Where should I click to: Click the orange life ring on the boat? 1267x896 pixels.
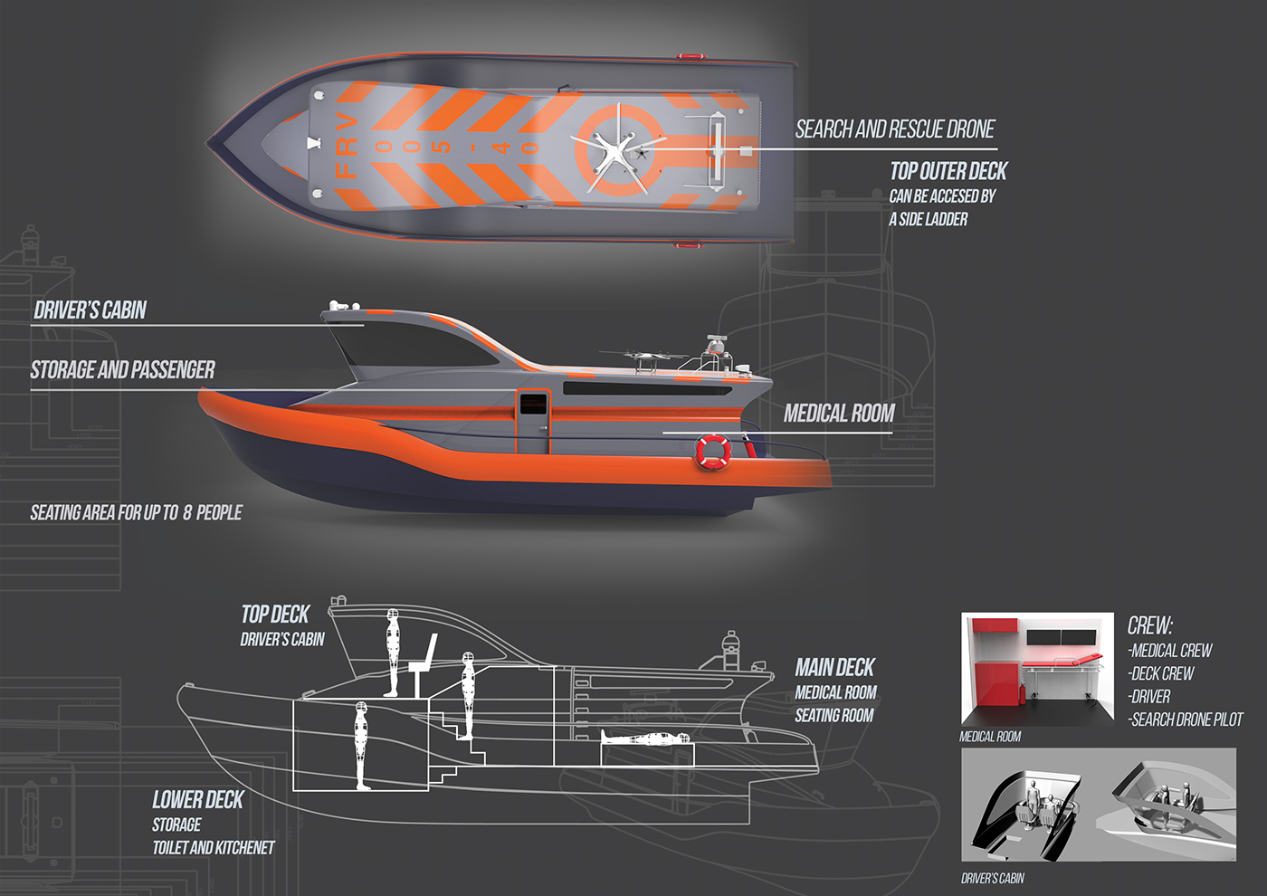[x=713, y=452]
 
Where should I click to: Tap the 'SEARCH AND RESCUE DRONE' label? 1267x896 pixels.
[x=895, y=129]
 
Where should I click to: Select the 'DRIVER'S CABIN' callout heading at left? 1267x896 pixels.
[x=90, y=310]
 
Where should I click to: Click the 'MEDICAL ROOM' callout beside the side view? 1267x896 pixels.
[x=839, y=414]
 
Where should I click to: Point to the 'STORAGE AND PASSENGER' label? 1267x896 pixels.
[x=123, y=370]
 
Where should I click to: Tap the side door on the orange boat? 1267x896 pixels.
[x=532, y=421]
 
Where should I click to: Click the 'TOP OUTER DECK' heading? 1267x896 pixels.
[x=948, y=171]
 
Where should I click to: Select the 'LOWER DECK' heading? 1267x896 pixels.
[x=197, y=800]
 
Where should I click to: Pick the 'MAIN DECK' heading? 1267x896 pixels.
[x=834, y=668]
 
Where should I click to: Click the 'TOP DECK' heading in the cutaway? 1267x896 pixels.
[x=276, y=615]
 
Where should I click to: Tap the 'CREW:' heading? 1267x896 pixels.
[x=1150, y=625]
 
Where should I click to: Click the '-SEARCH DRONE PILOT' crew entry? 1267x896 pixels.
[x=1186, y=720]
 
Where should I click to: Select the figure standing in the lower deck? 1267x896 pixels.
[x=361, y=745]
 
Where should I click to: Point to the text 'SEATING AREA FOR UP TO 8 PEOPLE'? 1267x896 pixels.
[x=136, y=513]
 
